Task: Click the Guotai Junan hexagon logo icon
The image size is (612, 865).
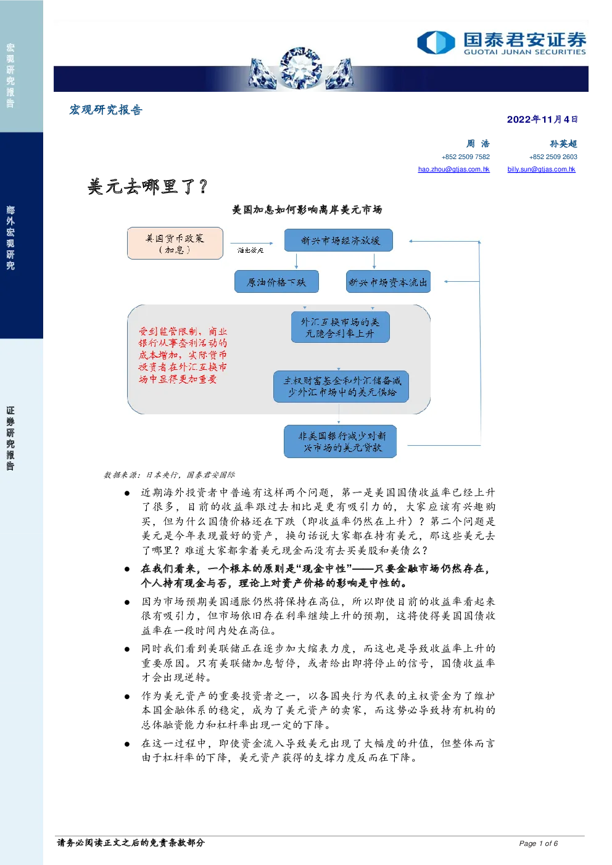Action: pyautogui.click(x=436, y=42)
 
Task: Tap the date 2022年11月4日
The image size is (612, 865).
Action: pyautogui.click(x=542, y=120)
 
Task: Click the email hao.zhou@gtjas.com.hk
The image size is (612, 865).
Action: pyautogui.click(x=453, y=169)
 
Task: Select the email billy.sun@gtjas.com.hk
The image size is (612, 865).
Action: pyautogui.click(x=541, y=169)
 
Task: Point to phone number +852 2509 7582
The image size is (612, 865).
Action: pyautogui.click(x=466, y=157)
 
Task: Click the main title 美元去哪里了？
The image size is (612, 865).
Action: pyautogui.click(x=148, y=187)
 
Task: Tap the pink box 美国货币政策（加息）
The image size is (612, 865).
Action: pyautogui.click(x=175, y=244)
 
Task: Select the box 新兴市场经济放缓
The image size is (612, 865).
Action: pyautogui.click(x=339, y=240)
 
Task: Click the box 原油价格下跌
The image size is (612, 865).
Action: pyautogui.click(x=276, y=282)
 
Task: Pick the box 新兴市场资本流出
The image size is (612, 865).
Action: pyautogui.click(x=388, y=282)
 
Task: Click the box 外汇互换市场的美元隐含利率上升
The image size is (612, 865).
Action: pyautogui.click(x=341, y=327)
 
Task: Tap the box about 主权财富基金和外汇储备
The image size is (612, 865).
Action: pyautogui.click(x=341, y=387)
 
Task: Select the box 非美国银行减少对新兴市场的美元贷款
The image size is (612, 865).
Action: pyautogui.click(x=341, y=441)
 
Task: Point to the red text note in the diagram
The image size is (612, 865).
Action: pyautogui.click(x=183, y=355)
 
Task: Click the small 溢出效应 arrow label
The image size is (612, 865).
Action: pyautogui.click(x=250, y=250)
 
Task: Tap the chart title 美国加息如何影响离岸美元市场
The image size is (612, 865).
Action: pyautogui.click(x=307, y=210)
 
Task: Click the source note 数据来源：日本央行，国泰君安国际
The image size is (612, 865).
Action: pyautogui.click(x=169, y=475)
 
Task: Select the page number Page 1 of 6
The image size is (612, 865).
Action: pyautogui.click(x=538, y=843)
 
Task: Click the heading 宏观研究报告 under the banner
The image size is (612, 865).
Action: pyautogui.click(x=105, y=110)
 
